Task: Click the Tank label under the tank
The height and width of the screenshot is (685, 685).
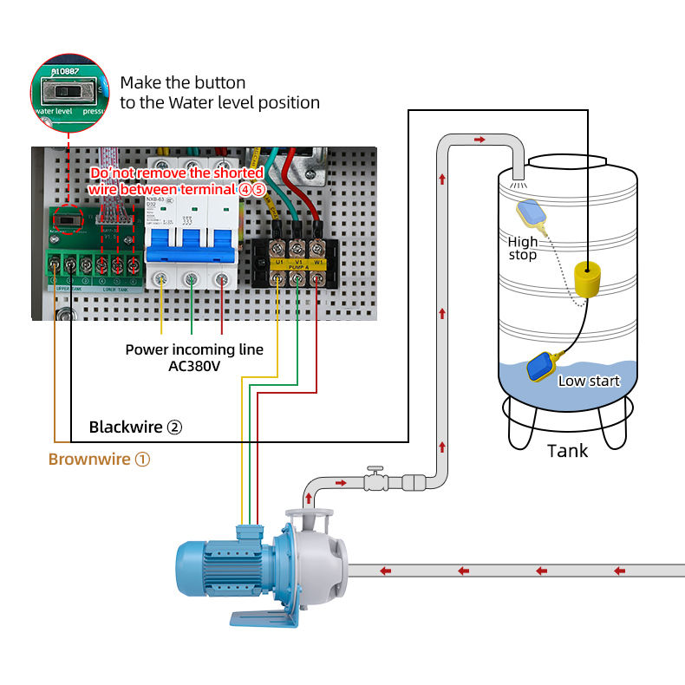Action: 567,451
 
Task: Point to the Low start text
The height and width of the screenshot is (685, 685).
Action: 589,381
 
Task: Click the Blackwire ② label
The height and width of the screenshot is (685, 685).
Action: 135,427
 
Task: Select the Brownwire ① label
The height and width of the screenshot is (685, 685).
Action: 99,460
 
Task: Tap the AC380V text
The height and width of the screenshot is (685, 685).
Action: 195,366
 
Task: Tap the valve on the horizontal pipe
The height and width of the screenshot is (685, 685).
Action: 374,480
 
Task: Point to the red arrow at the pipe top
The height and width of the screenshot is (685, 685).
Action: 479,140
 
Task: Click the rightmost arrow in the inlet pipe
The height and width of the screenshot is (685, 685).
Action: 619,571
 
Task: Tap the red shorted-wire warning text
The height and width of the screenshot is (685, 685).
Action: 177,181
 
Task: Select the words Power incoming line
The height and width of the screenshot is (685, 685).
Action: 194,349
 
